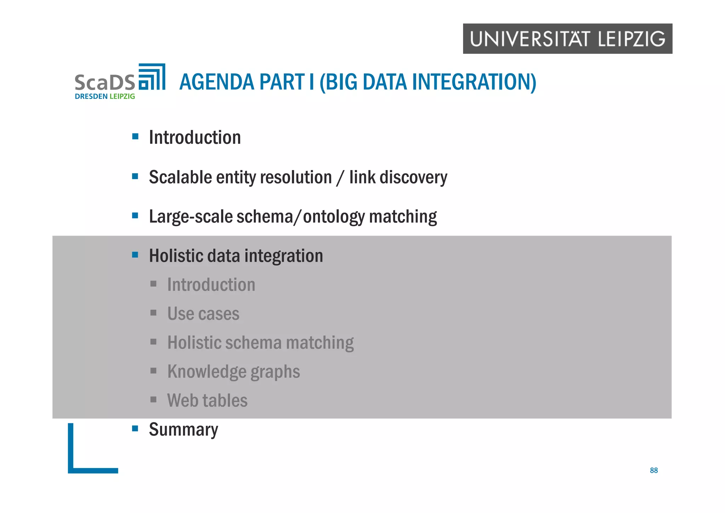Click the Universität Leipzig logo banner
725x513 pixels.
[x=567, y=39]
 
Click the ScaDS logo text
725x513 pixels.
[x=105, y=82]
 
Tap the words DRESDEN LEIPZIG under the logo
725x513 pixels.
[x=105, y=96]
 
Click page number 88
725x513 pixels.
[x=653, y=470]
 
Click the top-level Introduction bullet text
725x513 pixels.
[x=195, y=137]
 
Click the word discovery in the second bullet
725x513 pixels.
[x=413, y=177]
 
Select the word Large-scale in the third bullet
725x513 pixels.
[x=190, y=216]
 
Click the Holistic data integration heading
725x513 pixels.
[x=236, y=256]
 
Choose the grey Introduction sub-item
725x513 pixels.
[x=211, y=285]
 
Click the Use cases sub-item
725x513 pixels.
[x=203, y=314]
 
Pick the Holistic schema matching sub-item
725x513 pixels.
[x=260, y=343]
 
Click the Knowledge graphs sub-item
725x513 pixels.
[x=234, y=372]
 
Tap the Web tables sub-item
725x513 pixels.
[x=207, y=401]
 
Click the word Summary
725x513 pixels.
[x=183, y=429]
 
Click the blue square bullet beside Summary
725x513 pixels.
[x=135, y=429]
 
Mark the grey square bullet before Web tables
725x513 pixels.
[x=153, y=400]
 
